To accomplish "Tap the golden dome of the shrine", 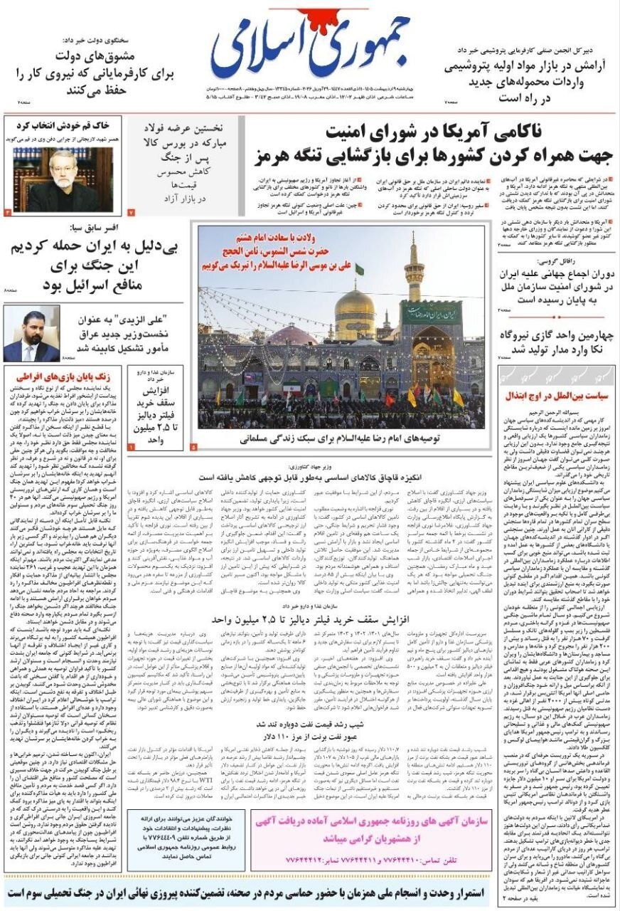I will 355,313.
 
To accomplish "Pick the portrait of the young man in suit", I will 31,335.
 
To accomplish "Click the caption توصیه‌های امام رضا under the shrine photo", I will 340,440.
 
